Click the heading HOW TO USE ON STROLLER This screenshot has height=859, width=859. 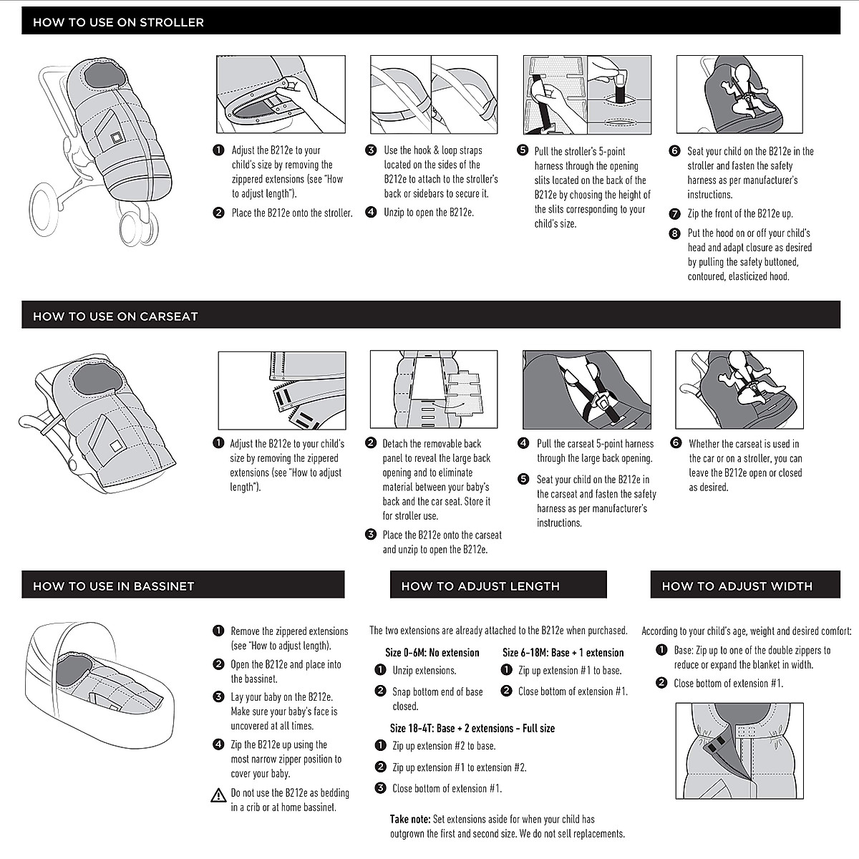tap(118, 22)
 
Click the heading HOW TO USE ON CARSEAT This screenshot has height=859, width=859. tap(115, 316)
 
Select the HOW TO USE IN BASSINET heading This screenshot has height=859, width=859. tap(113, 586)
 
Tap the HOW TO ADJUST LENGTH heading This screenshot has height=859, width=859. tap(480, 586)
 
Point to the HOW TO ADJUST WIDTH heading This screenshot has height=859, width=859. tap(737, 586)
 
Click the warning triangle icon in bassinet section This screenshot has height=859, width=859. tap(218, 795)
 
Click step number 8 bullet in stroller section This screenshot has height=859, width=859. tap(674, 233)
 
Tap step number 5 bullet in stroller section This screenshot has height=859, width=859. tap(522, 151)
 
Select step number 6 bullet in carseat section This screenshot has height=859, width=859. tap(676, 443)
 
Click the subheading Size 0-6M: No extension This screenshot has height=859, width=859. tap(432, 652)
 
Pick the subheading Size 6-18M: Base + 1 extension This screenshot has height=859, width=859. tap(563, 652)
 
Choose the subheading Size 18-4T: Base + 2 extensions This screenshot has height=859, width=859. tap(472, 728)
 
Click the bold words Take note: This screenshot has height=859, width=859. tap(410, 819)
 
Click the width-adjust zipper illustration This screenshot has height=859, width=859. tap(739, 751)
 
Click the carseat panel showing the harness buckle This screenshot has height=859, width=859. tap(587, 389)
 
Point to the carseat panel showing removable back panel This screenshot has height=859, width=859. tap(434, 389)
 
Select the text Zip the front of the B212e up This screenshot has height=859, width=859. tap(739, 213)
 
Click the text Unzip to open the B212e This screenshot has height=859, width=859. tap(428, 213)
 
